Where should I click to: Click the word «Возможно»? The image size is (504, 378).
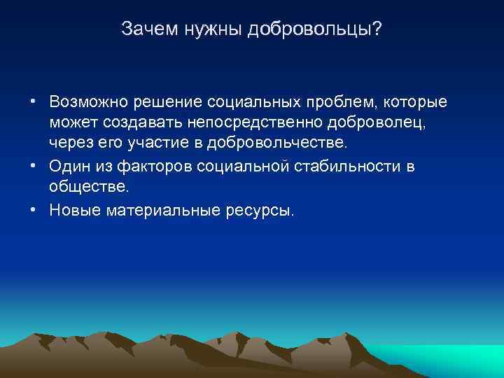click(87, 103)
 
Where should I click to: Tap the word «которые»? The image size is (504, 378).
click(415, 103)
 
